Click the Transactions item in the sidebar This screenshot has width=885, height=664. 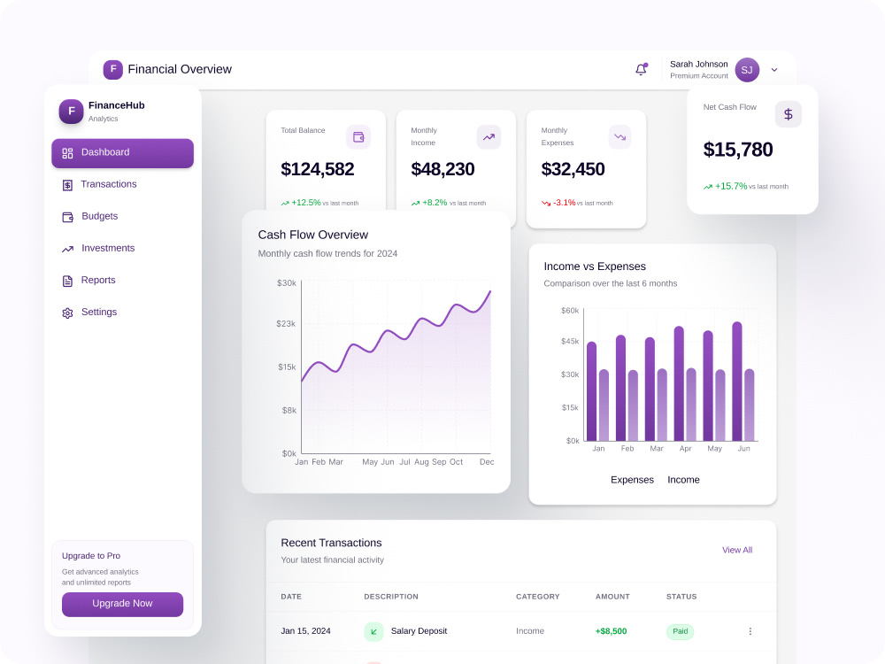pos(99,185)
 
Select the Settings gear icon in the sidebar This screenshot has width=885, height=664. pos(68,313)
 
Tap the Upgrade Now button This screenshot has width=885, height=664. pos(122,604)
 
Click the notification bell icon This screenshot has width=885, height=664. pos(641,69)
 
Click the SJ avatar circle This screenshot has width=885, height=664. pos(747,70)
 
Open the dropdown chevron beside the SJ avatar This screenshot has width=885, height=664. pos(774,70)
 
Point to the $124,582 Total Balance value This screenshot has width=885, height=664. pos(317,169)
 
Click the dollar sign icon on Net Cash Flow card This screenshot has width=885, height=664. pos(788,114)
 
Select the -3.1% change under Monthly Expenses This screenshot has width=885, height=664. pos(565,202)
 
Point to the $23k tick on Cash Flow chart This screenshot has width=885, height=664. pos(286,323)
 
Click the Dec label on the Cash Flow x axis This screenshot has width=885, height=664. pos(487,462)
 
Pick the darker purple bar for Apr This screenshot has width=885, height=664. pos(679,383)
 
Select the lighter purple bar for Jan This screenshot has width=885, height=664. pos(604,405)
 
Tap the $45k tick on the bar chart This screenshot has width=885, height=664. pos(570,341)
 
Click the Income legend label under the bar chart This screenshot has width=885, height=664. pos(683,480)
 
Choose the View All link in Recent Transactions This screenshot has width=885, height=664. pos(737,550)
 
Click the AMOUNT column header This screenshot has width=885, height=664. pos(612,596)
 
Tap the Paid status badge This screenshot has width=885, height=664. pos(680,631)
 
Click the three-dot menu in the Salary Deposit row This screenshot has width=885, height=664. pos(750,631)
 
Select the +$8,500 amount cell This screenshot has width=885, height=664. pos(612,631)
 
